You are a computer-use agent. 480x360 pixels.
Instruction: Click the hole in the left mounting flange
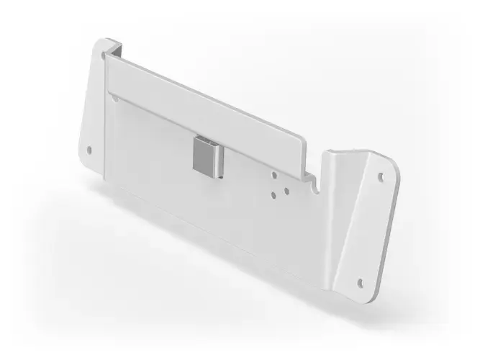[89, 150]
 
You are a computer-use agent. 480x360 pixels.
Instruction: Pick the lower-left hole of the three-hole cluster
[273, 193]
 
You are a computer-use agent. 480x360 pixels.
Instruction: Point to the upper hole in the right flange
[382, 175]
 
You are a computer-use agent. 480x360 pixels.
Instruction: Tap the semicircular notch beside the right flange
[314, 189]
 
